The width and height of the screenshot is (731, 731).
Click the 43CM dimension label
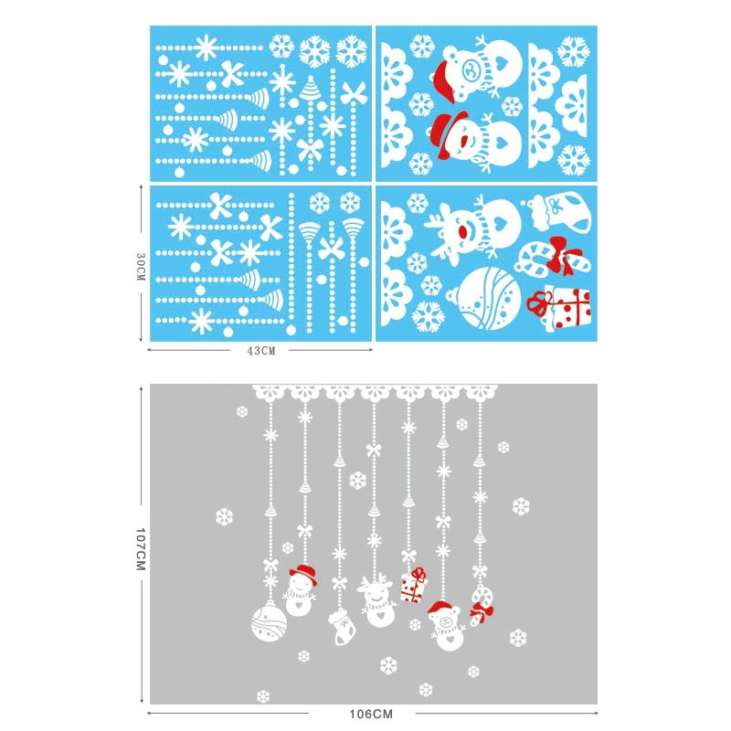[261, 351]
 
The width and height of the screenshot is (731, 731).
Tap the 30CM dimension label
[141, 267]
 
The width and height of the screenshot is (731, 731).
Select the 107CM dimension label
[141, 549]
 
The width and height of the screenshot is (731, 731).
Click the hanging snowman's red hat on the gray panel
[303, 574]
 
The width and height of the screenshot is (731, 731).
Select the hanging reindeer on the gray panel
[378, 601]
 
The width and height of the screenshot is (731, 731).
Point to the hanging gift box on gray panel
[413, 586]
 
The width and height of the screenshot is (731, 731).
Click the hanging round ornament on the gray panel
[269, 622]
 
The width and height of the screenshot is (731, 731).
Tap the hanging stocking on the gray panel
[342, 627]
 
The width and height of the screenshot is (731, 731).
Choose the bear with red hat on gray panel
[446, 626]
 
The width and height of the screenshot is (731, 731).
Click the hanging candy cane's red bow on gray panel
[482, 611]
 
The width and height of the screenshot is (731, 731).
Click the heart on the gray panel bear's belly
[449, 638]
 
